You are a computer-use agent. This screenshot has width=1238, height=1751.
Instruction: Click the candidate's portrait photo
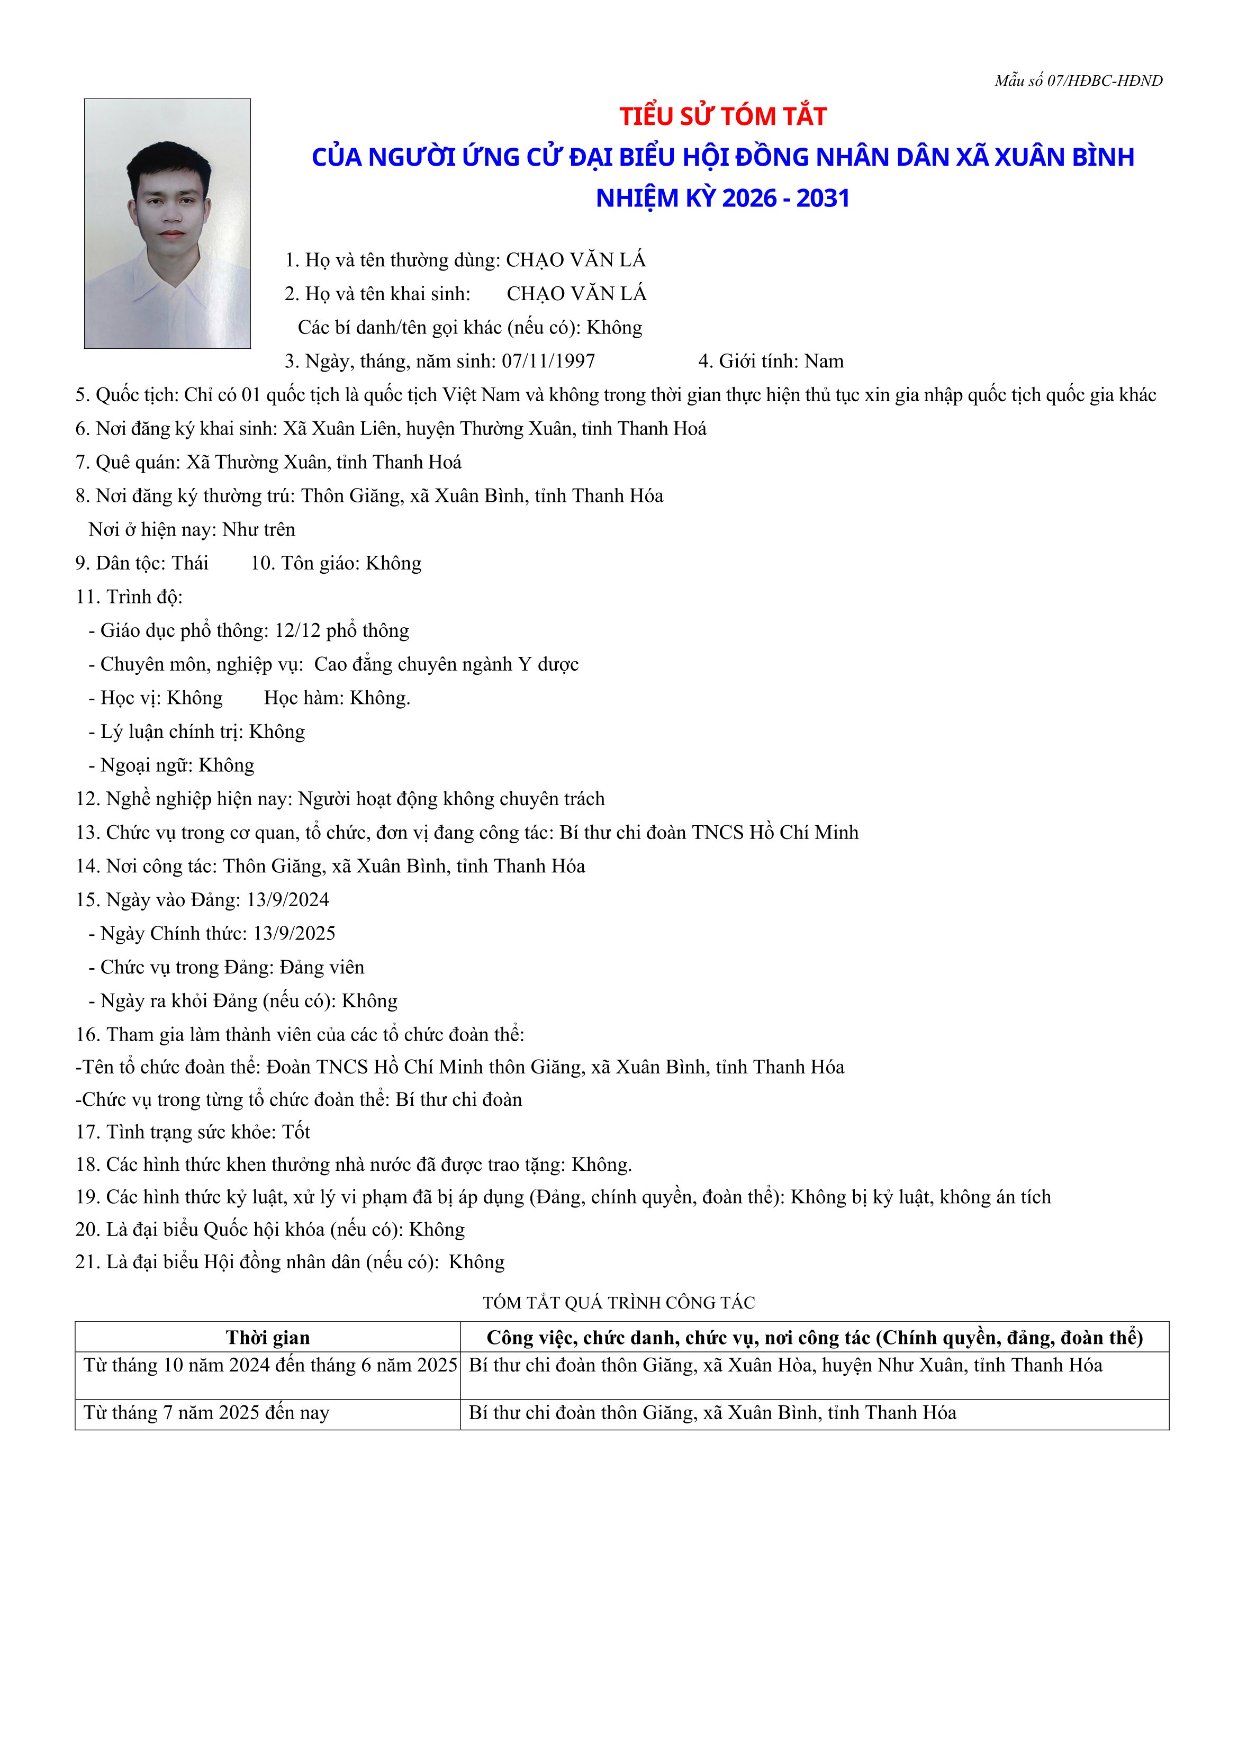[x=167, y=223]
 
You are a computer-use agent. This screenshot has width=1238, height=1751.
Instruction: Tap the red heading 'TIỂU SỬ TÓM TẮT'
[x=722, y=116]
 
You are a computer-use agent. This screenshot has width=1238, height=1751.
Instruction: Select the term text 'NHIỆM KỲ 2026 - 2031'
[x=722, y=198]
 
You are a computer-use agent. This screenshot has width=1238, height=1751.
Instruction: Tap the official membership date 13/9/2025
[x=294, y=933]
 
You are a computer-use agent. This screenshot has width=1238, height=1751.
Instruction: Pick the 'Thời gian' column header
[x=268, y=1337]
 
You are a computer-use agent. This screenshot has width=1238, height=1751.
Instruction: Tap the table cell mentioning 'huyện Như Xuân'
[x=785, y=1365]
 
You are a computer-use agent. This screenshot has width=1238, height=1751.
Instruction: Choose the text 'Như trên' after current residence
[x=259, y=529]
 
